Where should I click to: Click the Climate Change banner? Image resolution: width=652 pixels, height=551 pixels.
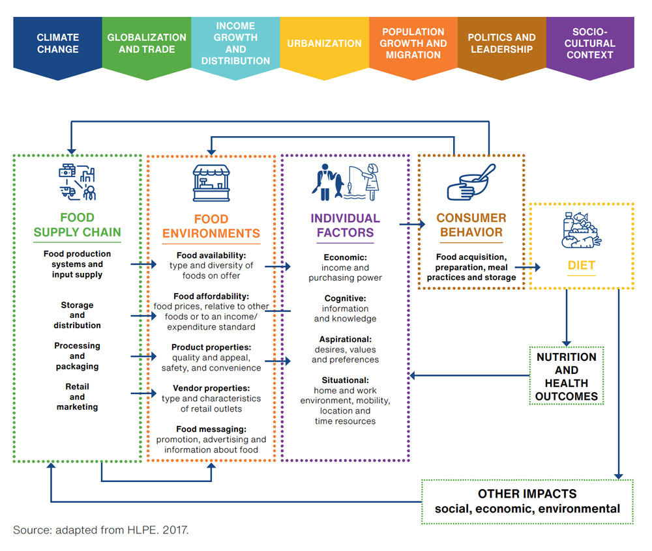pyautogui.click(x=57, y=44)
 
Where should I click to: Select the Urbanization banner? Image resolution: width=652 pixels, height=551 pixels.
pyautogui.click(x=324, y=44)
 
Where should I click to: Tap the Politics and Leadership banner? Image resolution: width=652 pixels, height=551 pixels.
pyautogui.click(x=501, y=44)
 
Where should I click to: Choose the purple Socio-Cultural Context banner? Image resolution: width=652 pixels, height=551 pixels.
pyautogui.click(x=589, y=44)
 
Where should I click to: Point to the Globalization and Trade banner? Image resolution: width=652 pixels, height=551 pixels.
pyautogui.click(x=147, y=44)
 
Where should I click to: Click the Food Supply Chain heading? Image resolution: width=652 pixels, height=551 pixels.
pyautogui.click(x=77, y=225)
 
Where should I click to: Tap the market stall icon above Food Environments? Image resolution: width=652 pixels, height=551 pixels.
pyautogui.click(x=211, y=183)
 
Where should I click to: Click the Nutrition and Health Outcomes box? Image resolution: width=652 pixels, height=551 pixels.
pyautogui.click(x=566, y=376)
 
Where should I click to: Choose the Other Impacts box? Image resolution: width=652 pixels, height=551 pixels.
pyautogui.click(x=527, y=502)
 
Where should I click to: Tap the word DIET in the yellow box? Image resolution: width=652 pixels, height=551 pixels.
pyautogui.click(x=581, y=266)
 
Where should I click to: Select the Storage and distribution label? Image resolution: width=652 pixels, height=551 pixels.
pyautogui.click(x=77, y=315)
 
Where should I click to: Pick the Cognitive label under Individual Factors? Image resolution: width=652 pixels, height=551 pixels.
pyautogui.click(x=345, y=298)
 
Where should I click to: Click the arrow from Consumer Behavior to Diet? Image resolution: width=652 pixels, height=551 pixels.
pyautogui.click(x=528, y=266)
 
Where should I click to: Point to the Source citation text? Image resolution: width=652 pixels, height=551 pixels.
pyautogui.click(x=101, y=530)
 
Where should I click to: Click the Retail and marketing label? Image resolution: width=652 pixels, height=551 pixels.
pyautogui.click(x=77, y=397)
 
